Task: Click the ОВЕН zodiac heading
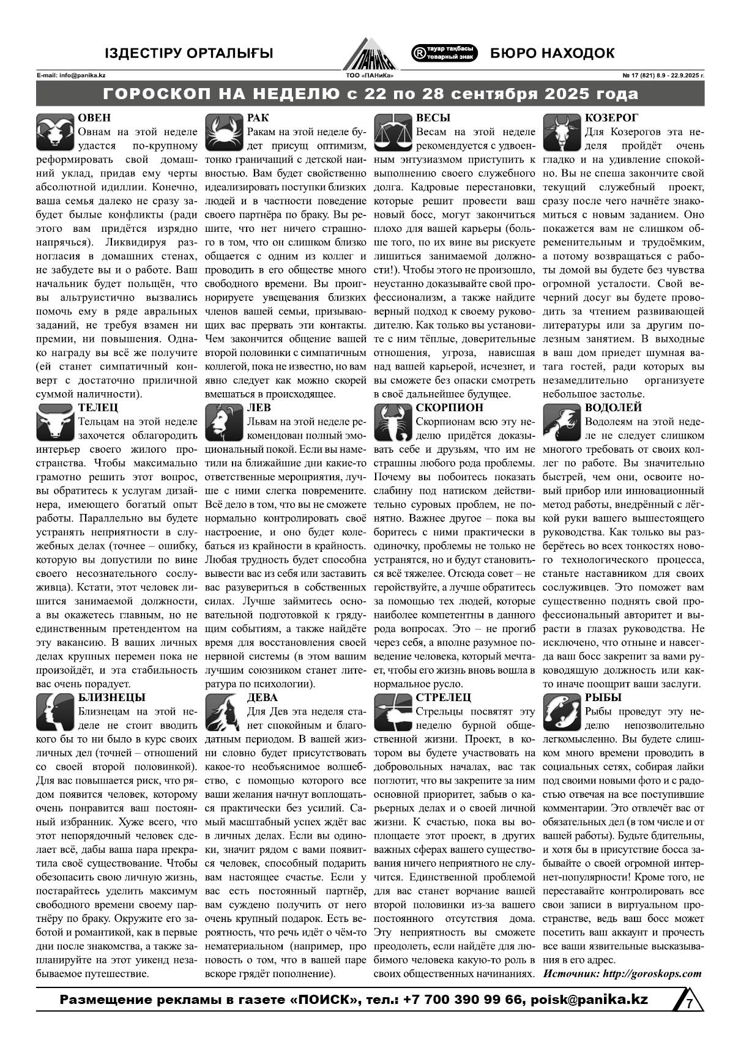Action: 94,118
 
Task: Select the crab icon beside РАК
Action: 223,132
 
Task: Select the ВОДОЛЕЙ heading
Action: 613,407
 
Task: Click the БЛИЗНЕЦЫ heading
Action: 112,697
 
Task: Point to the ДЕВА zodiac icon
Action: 223,712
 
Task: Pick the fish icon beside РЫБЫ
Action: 561,712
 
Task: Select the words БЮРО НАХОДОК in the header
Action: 552,54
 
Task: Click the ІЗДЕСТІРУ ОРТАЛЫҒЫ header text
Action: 189,54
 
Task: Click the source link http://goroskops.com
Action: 652,973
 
